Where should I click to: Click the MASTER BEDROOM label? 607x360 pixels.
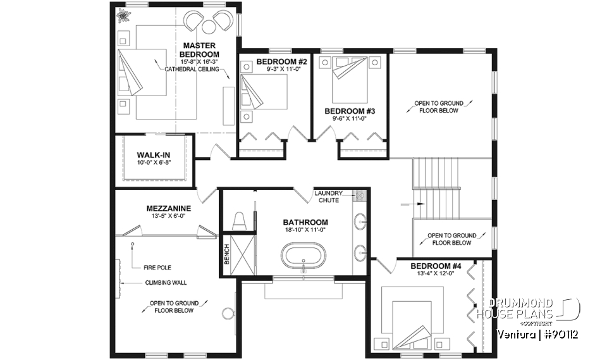point(200,50)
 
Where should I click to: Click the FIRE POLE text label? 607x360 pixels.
point(157,268)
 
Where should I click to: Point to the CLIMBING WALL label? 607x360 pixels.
point(166,283)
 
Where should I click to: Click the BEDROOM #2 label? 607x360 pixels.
point(281,61)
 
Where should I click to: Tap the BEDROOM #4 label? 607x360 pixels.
point(436,266)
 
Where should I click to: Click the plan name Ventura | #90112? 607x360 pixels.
point(537,334)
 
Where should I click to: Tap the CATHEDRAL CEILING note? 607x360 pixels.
point(192,69)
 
